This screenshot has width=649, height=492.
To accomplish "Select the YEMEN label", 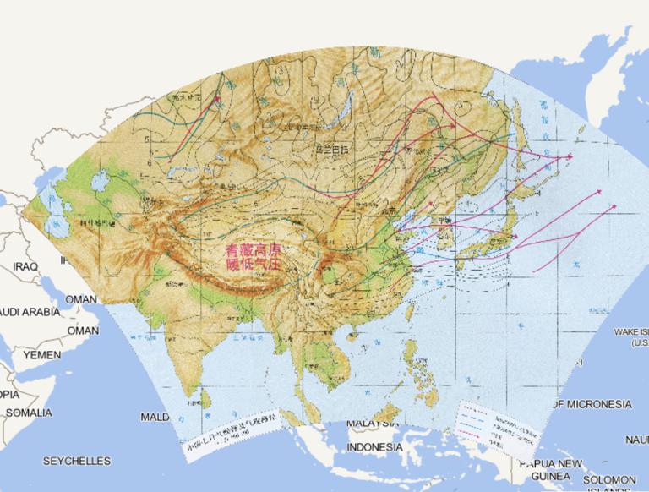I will click(x=41, y=355).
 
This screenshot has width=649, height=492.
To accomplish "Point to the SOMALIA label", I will click(x=29, y=413).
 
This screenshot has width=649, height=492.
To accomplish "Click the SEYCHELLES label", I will click(x=77, y=461).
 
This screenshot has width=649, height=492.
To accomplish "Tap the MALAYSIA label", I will click(x=372, y=422).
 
